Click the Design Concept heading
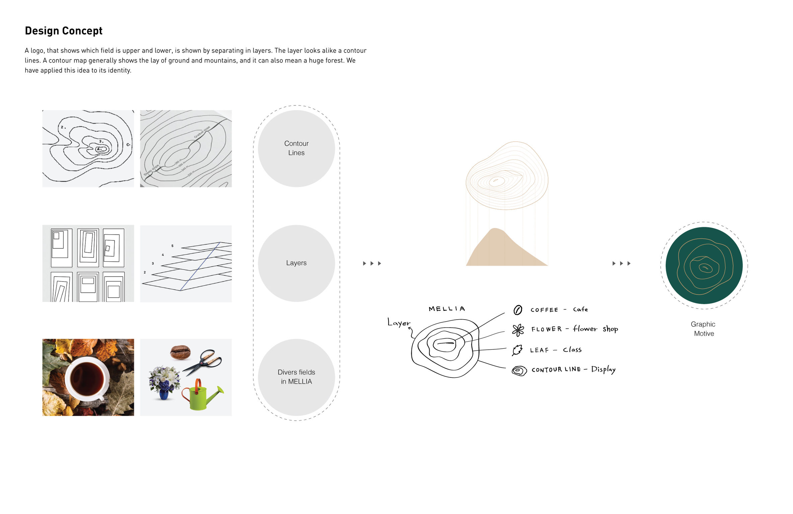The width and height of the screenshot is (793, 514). pos(64,31)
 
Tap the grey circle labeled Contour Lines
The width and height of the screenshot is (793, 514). pos(296,148)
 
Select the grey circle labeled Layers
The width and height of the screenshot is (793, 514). pos(296,263)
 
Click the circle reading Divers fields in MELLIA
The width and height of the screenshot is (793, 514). pos(296,377)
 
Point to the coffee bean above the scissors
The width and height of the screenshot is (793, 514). pos(180,352)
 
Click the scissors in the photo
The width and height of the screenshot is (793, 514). pos(203,363)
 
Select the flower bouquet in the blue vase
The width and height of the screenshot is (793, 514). pos(164,381)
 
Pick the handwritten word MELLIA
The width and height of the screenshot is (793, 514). pos(447,309)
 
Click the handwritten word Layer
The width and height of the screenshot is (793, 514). pos(399,323)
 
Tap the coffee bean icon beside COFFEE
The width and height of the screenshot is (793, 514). pos(517,310)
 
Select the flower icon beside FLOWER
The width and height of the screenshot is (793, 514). pos(518,330)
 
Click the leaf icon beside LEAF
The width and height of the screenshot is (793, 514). pos(517,350)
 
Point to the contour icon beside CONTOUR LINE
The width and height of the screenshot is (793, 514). pos(519,370)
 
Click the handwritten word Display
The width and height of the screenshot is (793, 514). pos(603,369)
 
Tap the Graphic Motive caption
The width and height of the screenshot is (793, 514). pos(703,329)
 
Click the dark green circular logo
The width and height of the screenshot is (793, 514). pos(704,265)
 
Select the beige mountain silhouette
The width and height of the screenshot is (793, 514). pos(502,251)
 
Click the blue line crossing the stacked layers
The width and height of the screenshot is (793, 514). pos(200,266)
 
